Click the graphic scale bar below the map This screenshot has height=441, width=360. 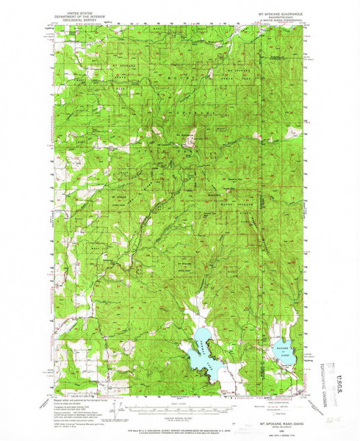179,406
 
